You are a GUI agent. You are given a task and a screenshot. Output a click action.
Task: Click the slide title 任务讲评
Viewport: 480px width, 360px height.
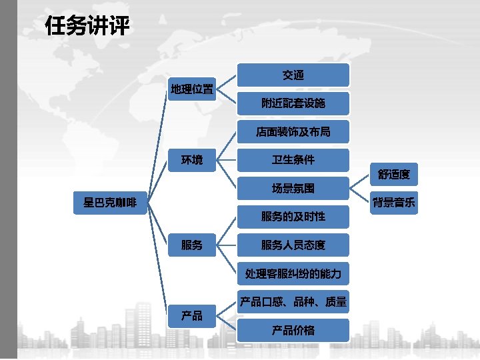87,28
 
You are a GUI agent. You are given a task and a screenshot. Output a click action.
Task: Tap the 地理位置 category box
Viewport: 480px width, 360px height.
192,89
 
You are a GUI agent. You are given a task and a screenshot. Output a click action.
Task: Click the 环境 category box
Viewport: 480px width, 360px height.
192,160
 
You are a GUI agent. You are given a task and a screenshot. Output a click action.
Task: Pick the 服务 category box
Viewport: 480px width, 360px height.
192,245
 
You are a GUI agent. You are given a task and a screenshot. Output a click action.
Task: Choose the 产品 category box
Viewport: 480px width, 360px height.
192,315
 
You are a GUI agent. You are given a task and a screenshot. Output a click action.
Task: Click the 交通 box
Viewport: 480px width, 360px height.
293,75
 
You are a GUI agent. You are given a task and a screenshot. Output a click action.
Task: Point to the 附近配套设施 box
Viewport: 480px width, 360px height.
293,103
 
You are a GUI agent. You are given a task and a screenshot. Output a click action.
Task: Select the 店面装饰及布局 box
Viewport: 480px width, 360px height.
293,132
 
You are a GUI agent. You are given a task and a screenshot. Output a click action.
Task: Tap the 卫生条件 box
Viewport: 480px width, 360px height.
293,160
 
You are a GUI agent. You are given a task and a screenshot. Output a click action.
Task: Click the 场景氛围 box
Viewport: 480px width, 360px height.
293,189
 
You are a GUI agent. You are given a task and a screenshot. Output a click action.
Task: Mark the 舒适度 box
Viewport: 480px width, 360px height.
394,175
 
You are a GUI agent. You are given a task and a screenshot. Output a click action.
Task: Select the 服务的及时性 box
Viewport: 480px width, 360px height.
293,217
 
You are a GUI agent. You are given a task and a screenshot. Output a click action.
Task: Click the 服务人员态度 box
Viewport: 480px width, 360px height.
293,245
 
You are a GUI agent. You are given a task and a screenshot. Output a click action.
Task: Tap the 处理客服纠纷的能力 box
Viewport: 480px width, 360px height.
293,273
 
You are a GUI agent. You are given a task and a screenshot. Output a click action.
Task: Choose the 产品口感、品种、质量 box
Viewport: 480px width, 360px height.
293,302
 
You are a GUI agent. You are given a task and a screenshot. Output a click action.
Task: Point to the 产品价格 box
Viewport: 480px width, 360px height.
293,330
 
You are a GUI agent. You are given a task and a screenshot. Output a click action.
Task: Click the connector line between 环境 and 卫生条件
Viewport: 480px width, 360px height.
227,160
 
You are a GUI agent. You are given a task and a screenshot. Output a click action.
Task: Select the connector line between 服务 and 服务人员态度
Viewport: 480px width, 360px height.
227,245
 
